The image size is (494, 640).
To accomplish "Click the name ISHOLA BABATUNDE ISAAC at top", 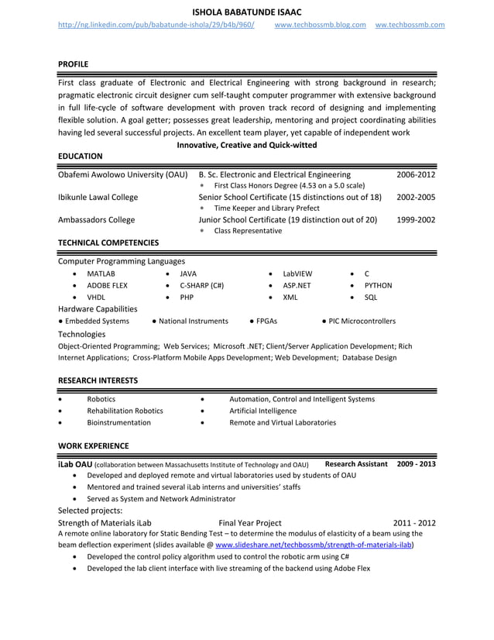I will point(247,11).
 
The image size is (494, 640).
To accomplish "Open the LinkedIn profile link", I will point(156,25).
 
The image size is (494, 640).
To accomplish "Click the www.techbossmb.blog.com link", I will point(320,25).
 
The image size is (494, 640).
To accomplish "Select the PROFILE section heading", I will point(74,64).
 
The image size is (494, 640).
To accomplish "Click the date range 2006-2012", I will point(416,175).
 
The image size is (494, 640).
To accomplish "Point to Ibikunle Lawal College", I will point(98,197).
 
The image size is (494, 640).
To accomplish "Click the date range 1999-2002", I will point(416,219).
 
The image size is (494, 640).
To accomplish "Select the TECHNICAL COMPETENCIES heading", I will point(108,243).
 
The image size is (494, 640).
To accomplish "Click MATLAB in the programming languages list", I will point(101,274).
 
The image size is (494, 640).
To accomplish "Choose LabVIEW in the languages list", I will point(297,274).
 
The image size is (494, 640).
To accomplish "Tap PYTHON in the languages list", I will point(378,285).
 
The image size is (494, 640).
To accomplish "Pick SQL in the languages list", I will point(371,297).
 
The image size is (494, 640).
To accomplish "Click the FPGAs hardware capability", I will point(265,321).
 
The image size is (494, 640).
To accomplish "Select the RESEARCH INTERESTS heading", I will point(98,380).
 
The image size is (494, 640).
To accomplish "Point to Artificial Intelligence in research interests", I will point(262,411).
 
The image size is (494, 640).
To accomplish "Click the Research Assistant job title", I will point(356,463).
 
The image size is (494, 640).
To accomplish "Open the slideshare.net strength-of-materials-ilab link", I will point(314,545).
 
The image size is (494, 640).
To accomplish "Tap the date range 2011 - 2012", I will point(414,523).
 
